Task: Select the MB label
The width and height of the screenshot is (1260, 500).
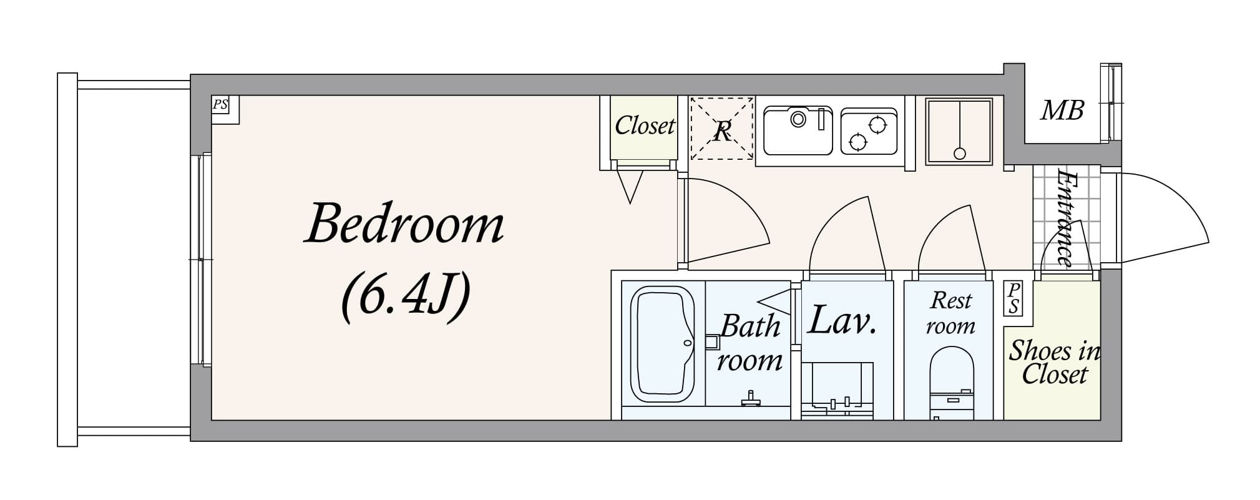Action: point(1062,111)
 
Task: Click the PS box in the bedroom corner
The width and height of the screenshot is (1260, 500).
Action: point(220,104)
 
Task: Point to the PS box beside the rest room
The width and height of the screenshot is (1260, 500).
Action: point(1013,298)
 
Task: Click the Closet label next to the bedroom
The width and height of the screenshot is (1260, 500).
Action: point(644,125)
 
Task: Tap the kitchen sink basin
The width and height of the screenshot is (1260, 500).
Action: point(798,130)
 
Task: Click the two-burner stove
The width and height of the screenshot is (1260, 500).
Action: point(868,132)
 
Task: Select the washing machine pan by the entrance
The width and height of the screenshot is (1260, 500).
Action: point(959,131)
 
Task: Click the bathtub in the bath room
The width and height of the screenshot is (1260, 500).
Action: point(662,344)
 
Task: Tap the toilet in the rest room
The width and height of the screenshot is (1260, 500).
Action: point(951,381)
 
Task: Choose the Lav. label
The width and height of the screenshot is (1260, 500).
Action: point(842,320)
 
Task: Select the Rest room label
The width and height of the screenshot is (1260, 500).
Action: point(950,313)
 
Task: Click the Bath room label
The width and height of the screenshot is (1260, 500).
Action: point(750,343)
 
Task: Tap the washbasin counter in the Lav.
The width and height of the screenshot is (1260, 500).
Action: point(837,390)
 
